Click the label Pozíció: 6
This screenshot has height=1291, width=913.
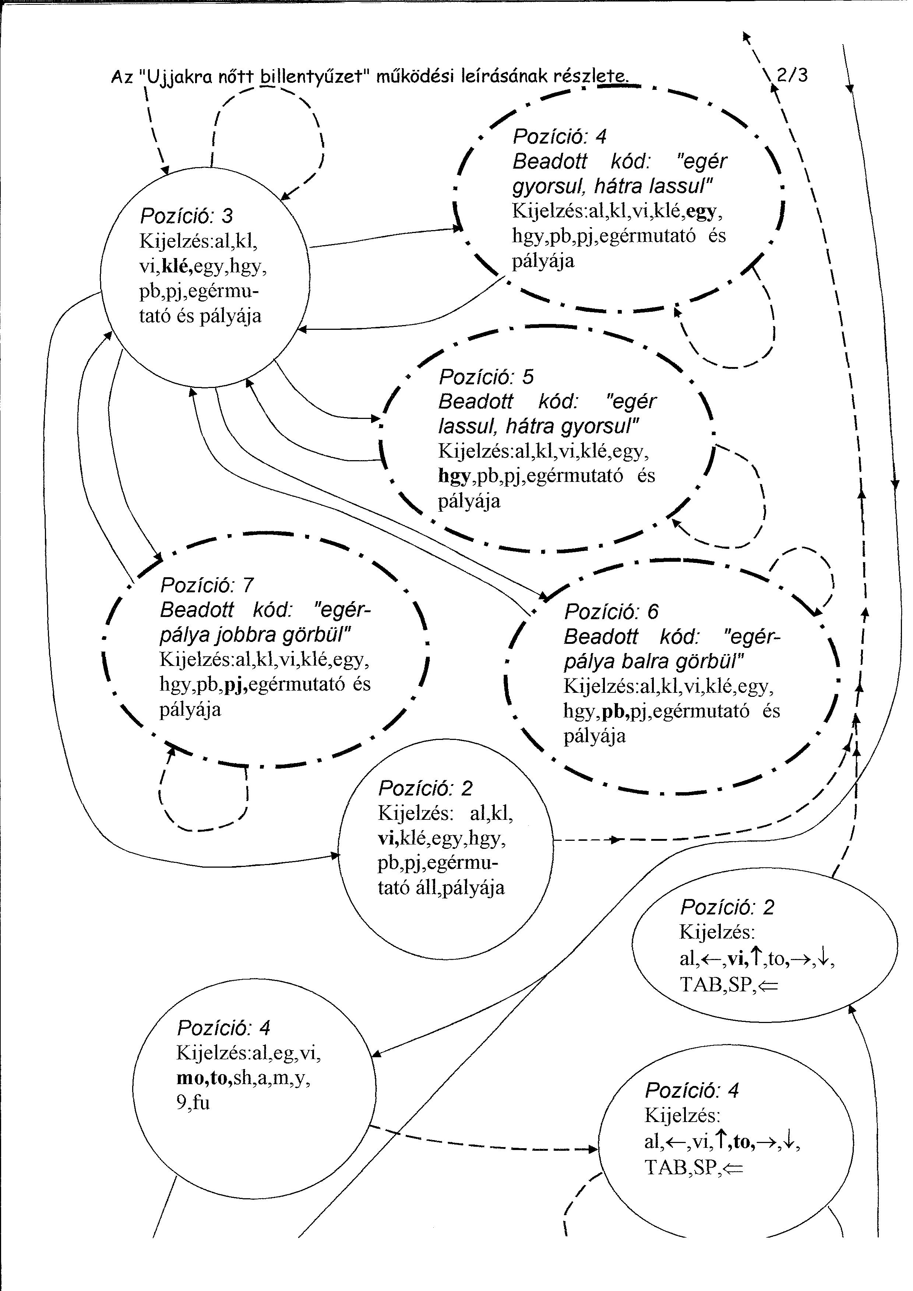coord(611,612)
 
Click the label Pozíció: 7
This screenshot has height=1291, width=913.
coord(207,585)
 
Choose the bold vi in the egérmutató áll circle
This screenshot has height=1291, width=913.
coord(388,838)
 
